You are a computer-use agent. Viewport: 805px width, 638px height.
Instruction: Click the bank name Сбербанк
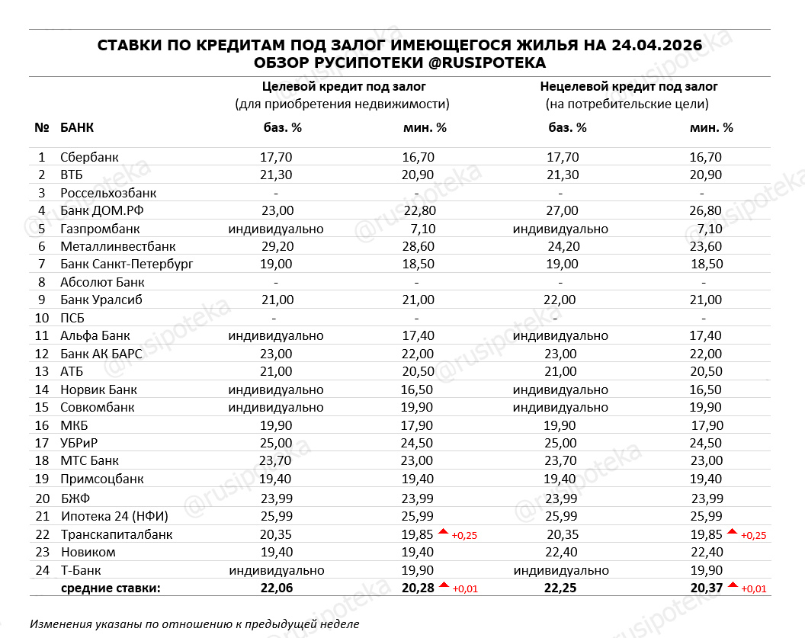pos(90,158)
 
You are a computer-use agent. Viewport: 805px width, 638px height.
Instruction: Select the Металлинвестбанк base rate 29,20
pos(276,247)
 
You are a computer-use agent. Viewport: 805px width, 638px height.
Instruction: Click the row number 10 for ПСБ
pos(41,318)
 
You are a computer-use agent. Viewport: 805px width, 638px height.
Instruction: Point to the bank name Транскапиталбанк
pos(117,534)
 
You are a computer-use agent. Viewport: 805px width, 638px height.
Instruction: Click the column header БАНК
pos(77,128)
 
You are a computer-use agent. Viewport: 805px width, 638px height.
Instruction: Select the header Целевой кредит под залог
pos(343,87)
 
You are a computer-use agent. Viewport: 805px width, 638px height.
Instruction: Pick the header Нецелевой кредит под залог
pos(629,87)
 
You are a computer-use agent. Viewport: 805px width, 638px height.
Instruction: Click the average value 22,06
pos(276,588)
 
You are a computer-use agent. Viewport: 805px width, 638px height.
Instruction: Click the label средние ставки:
pos(111,588)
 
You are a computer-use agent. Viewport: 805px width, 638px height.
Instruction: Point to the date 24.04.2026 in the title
pos(656,46)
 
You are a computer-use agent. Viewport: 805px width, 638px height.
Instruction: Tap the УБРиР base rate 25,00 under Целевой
pos(276,443)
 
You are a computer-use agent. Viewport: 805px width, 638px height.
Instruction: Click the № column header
pos(42,128)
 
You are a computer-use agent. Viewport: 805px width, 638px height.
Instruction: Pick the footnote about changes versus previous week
pos(194,624)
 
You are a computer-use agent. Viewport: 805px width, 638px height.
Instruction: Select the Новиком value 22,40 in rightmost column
pos(706,552)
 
